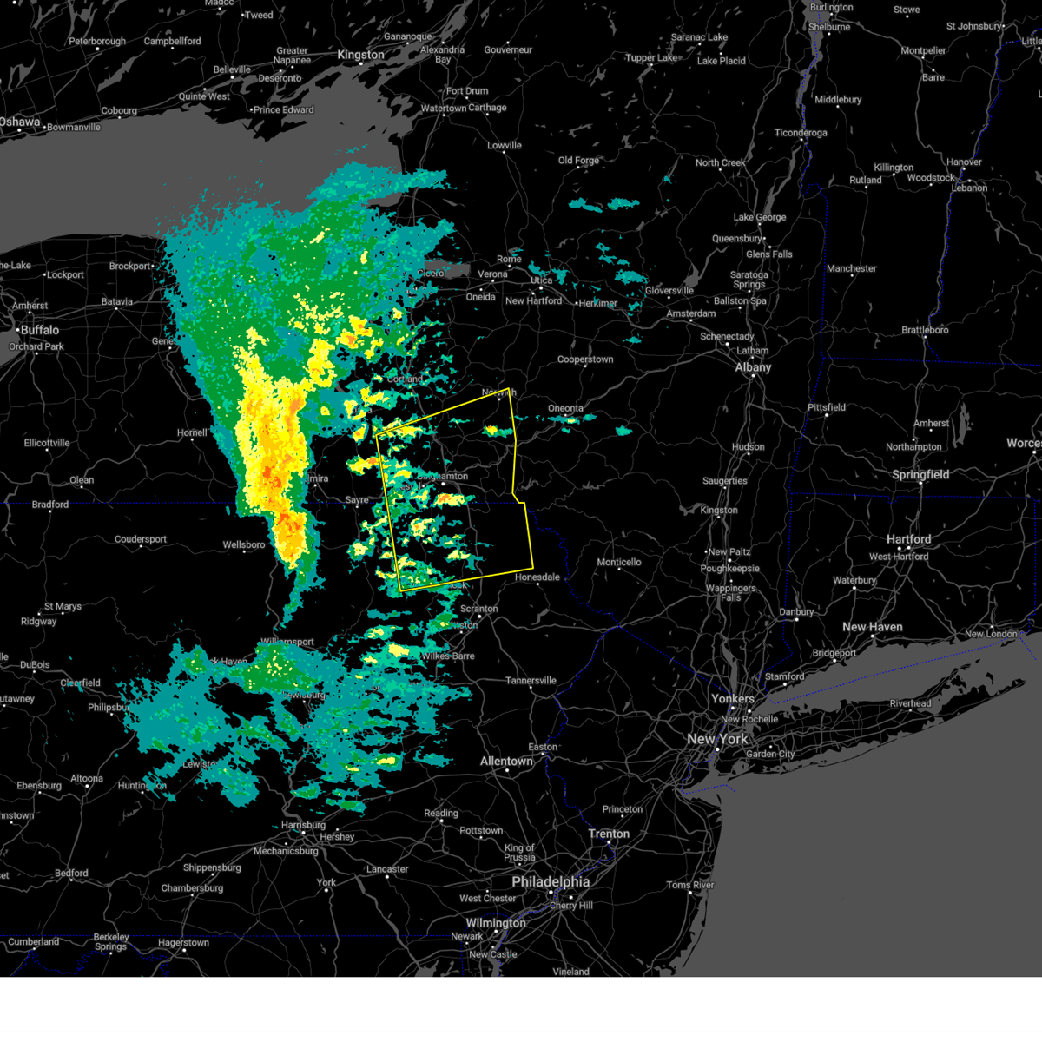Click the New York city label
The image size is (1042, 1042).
coord(717,739)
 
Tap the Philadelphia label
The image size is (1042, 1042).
coord(550,881)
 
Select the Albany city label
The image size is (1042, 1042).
coord(753,367)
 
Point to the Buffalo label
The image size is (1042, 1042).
coord(40,330)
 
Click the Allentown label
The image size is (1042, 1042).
coord(506,762)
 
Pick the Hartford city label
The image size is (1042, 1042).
coord(908,539)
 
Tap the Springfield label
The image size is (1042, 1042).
coord(920,475)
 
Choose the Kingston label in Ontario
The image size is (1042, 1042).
coord(360,55)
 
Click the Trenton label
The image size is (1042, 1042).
coord(609,834)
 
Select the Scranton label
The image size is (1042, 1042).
coord(478,609)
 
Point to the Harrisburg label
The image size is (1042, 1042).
coord(303,825)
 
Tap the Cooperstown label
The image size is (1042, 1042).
coord(585,359)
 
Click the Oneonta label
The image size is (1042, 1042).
coord(565,408)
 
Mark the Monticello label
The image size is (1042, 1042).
coord(619,562)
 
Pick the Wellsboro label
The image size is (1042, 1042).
coord(244,544)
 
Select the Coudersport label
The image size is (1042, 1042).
coord(141,539)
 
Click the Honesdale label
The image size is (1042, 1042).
coord(537,577)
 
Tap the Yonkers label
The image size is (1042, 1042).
coord(733,699)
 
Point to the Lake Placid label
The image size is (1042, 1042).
coord(722,61)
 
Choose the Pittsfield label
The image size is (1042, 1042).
coord(827,407)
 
